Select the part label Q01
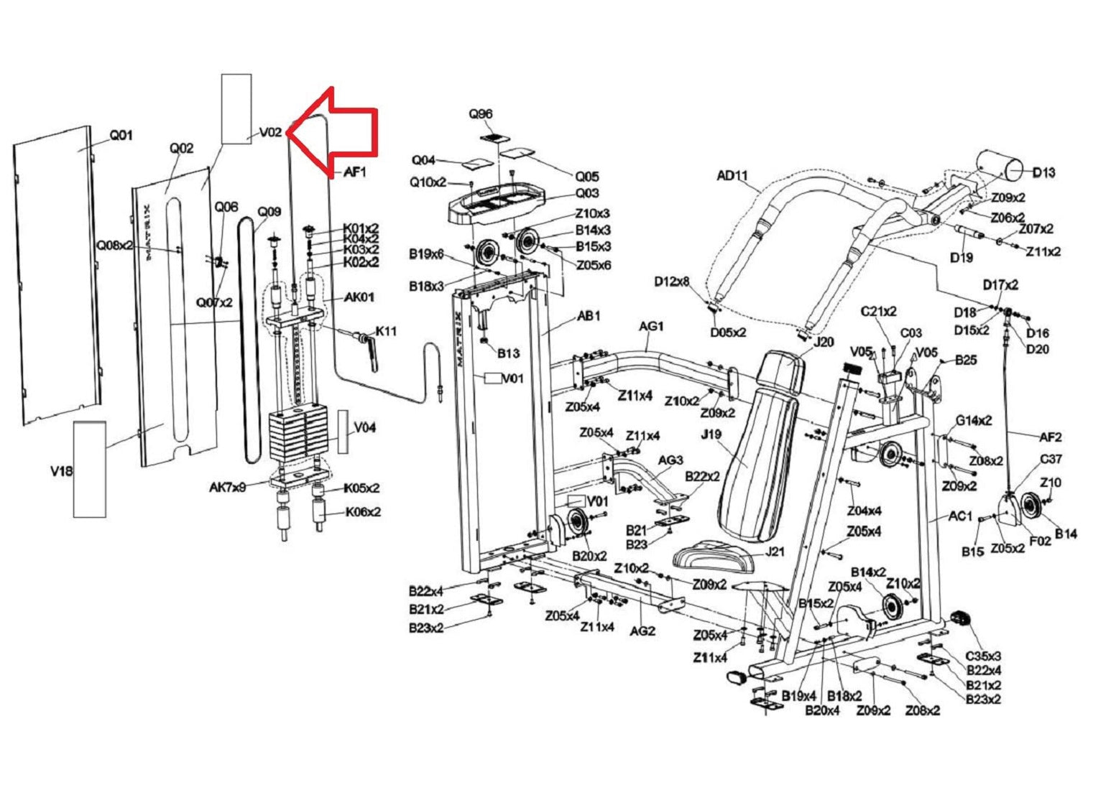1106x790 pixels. [x=121, y=135]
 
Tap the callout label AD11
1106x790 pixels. [x=732, y=175]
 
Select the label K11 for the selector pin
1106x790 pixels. [x=386, y=330]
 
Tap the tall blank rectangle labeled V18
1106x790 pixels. [x=89, y=469]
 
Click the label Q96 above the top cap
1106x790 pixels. [x=481, y=114]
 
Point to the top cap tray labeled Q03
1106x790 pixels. [x=496, y=208]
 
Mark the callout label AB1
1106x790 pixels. [x=589, y=316]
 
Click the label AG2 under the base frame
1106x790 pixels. [x=642, y=631]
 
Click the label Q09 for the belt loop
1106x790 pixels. [x=269, y=212]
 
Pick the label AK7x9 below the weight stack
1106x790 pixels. [x=228, y=488]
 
